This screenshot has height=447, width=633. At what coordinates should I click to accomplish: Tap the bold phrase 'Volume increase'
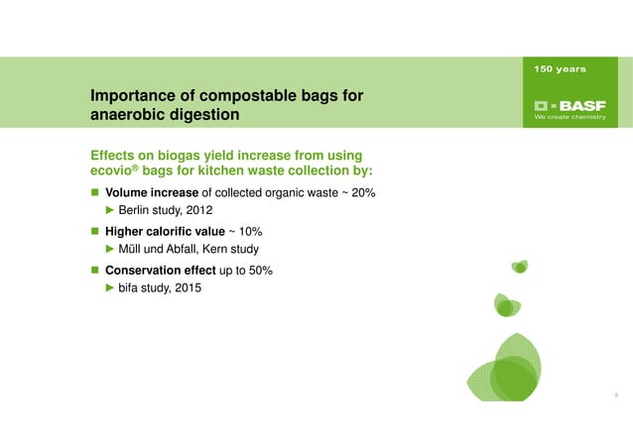(x=153, y=192)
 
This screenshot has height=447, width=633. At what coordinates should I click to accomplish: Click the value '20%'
(x=361, y=192)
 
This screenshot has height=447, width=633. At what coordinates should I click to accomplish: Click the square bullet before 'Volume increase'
(x=96, y=192)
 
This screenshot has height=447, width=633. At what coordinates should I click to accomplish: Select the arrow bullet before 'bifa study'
(x=111, y=288)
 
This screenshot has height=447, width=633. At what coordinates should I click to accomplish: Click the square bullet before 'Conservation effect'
(x=96, y=270)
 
